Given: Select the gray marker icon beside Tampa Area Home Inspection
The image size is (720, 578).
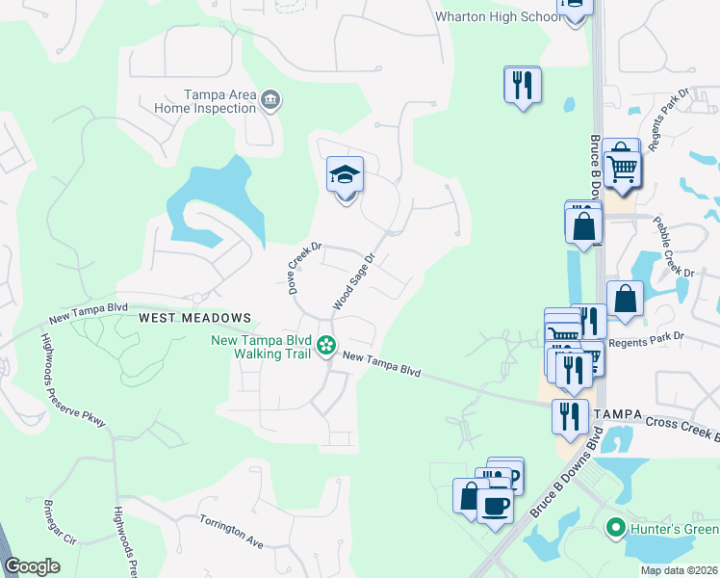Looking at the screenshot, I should coord(270,99).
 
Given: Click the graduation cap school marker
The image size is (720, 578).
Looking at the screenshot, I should coord(345,175).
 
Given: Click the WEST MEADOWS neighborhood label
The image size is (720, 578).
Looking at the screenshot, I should coord(194,317).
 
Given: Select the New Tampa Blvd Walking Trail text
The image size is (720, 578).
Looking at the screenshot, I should coord(264,347).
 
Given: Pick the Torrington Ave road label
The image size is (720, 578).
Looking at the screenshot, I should coord(231,531).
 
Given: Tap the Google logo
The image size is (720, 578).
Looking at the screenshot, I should coord(32,566).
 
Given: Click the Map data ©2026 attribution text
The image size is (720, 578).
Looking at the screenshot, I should coord(679,570).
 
